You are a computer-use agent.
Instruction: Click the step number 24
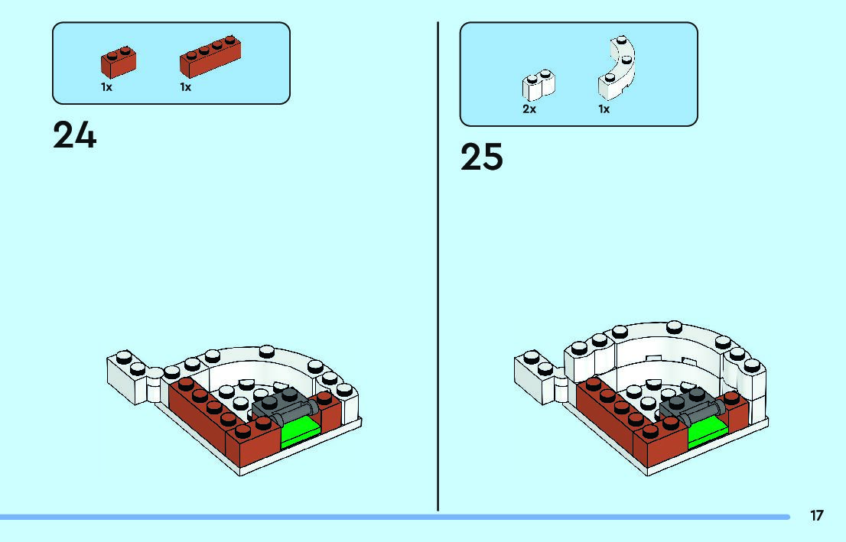click(x=75, y=136)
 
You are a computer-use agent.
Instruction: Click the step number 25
click(x=482, y=157)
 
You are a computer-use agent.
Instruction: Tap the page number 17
click(x=817, y=515)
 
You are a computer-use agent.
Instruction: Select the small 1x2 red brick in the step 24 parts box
click(x=118, y=62)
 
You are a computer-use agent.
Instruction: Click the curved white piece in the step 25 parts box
click(x=617, y=70)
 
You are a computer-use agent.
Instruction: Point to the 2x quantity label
click(x=529, y=109)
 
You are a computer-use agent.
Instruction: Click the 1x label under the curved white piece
click(x=604, y=109)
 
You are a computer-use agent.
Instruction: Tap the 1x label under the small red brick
click(x=106, y=87)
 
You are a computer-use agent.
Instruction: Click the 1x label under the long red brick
click(x=185, y=87)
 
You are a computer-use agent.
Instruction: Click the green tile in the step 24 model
click(x=301, y=429)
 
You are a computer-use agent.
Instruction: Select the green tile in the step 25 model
click(x=708, y=430)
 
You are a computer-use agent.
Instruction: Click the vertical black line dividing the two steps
click(x=438, y=268)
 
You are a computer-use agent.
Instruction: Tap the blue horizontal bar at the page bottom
click(x=382, y=517)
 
